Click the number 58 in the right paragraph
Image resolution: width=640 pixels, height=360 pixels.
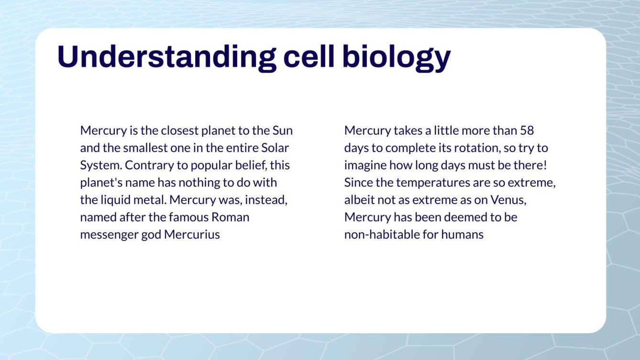[526, 130]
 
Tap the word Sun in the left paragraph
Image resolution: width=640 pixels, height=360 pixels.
[282, 130]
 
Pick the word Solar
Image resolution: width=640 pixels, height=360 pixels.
[275, 148]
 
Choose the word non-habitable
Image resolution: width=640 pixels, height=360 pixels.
[379, 235]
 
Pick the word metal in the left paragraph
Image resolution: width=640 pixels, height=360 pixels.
[153, 200]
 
